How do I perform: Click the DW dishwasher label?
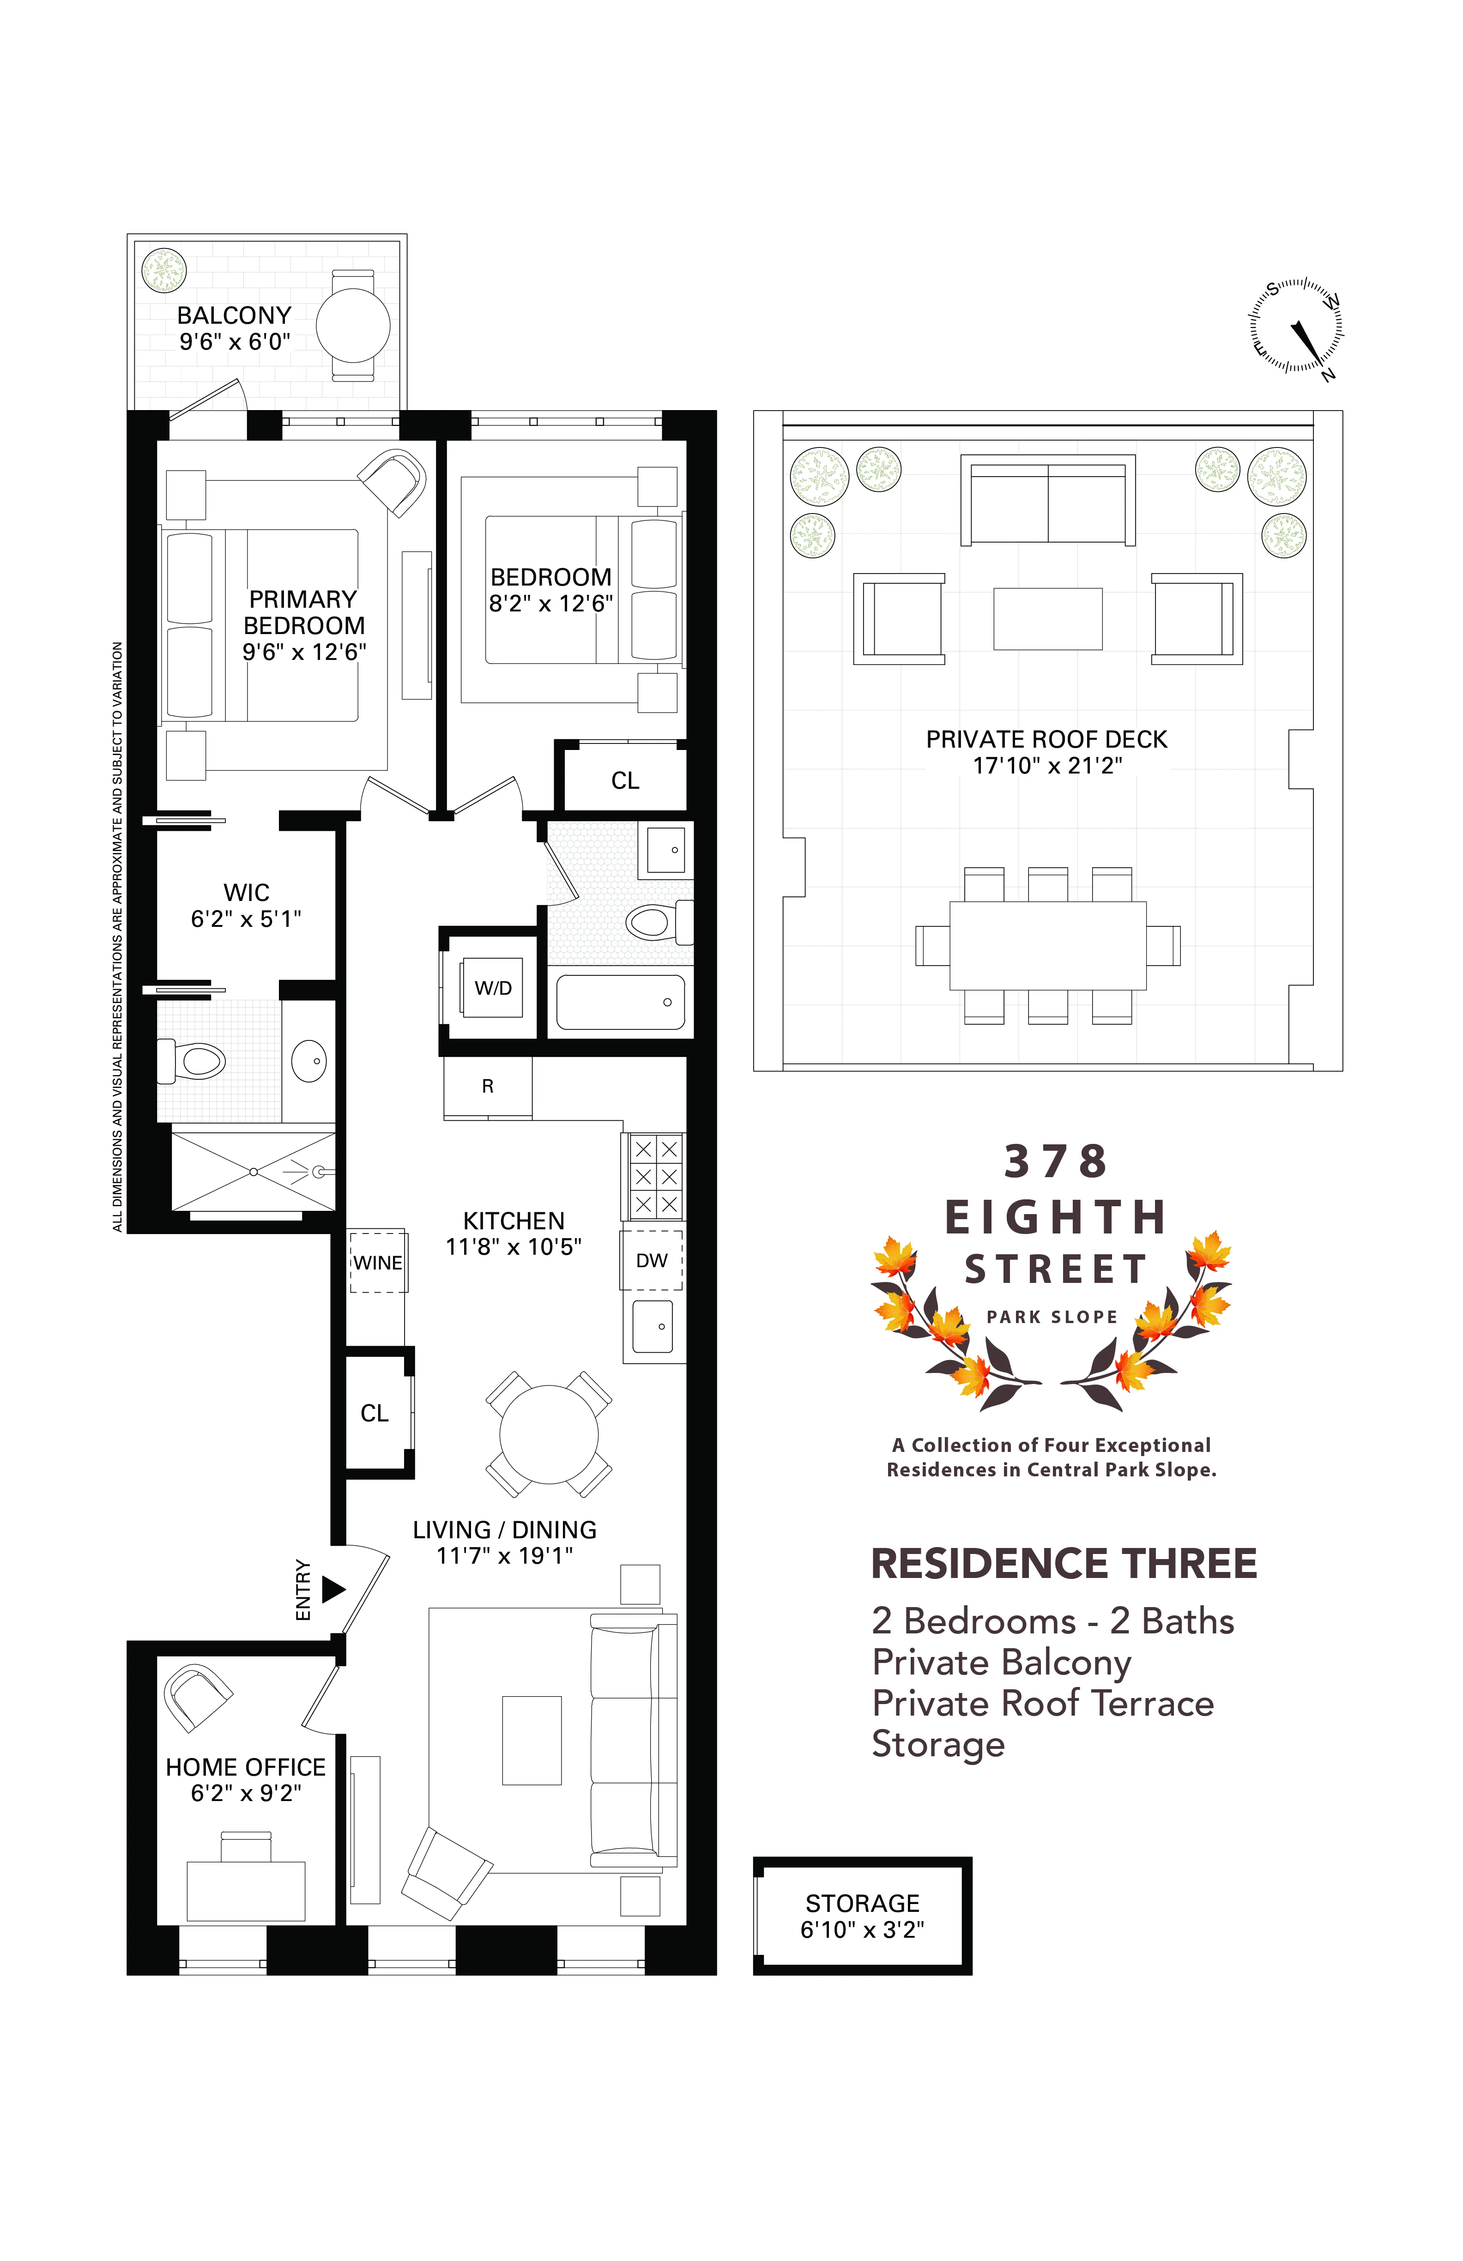point(652,1261)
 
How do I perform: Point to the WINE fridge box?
point(378,1263)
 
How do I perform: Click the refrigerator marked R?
point(487,1087)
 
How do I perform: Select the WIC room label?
point(246,893)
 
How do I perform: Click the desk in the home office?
point(246,1891)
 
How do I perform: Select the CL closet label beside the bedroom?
point(625,781)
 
